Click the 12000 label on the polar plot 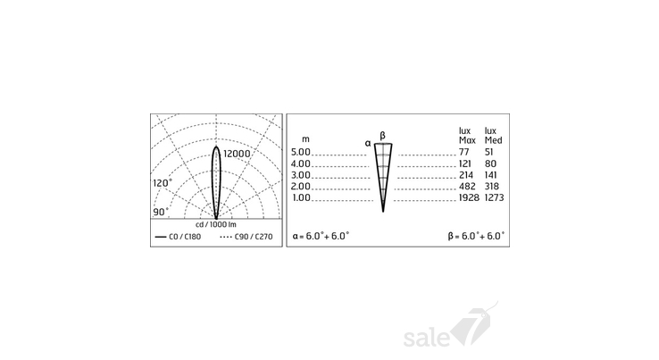point(237,154)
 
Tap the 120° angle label point(163,183)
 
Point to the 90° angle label point(161,212)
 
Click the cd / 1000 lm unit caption point(216,224)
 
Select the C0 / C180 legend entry point(178,237)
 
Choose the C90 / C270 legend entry point(246,237)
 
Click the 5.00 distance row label point(301,152)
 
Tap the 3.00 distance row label point(301,175)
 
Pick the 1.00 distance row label point(301,197)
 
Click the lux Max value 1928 point(469,197)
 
